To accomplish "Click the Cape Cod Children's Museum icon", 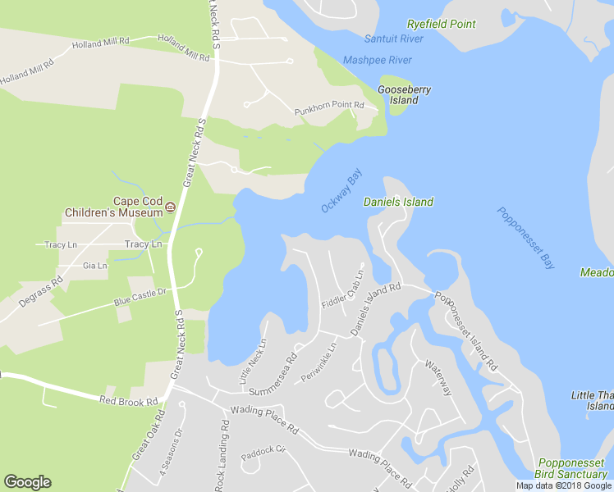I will click(171, 207).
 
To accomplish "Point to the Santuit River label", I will click(394, 39).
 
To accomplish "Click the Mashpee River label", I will click(378, 60).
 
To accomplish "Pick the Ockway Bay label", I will click(341, 191).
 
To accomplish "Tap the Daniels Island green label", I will click(398, 202).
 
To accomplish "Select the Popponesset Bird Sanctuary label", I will click(573, 469).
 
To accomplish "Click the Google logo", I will click(27, 482).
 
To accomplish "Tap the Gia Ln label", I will click(95, 266).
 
